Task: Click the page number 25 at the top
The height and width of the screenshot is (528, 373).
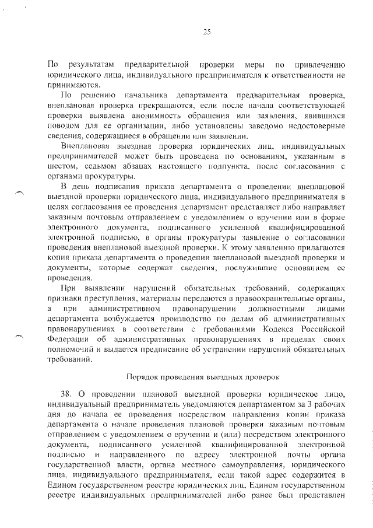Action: click(206, 32)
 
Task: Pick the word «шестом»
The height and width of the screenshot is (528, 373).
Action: click(62, 167)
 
